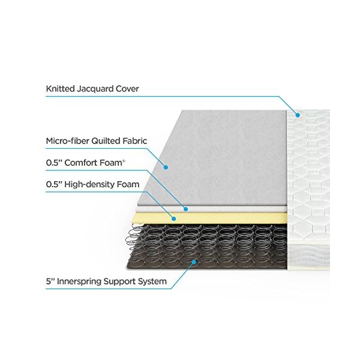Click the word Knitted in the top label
pyautogui.click(x=59, y=89)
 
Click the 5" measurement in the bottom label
pyautogui.click(x=50, y=281)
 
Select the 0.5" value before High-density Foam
pyautogui.click(x=55, y=184)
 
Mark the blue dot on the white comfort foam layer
pyautogui.click(x=187, y=209)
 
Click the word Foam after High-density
pyautogui.click(x=128, y=184)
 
